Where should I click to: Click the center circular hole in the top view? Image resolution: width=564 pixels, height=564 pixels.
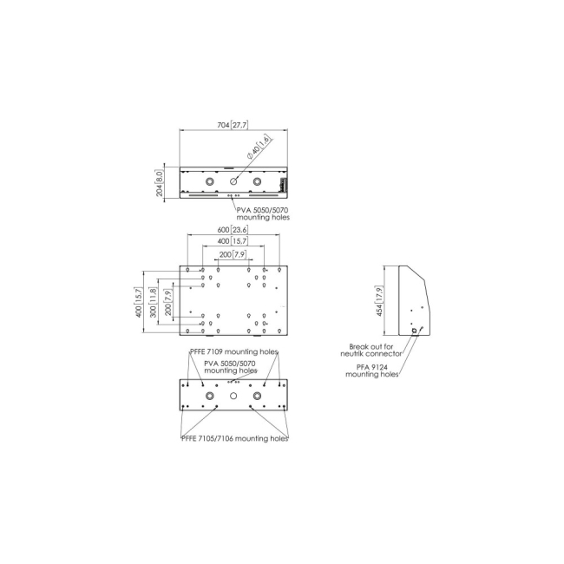[233, 181]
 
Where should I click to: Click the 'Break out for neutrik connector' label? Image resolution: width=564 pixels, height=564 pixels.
[371, 350]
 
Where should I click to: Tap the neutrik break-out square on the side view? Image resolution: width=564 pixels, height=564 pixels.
[414, 330]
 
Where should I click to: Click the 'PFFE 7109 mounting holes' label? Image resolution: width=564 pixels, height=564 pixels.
[234, 352]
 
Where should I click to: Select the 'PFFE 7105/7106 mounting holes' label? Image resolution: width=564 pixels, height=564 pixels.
[234, 439]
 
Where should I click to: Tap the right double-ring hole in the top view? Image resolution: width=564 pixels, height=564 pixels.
[257, 181]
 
